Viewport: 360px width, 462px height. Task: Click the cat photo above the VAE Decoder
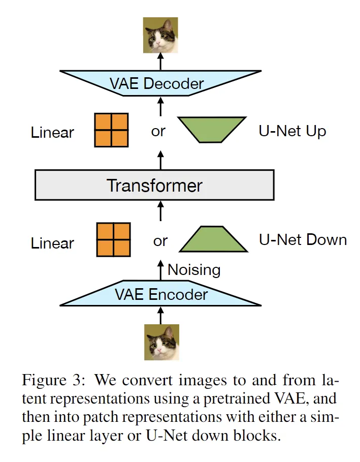click(160, 35)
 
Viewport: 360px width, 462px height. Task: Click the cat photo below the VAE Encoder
click(161, 342)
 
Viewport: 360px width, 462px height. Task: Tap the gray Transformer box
click(154, 185)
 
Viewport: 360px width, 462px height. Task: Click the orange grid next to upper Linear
click(111, 130)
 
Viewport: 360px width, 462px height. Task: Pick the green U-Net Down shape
click(214, 240)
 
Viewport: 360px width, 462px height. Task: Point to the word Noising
click(194, 269)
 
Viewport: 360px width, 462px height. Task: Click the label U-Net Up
click(292, 131)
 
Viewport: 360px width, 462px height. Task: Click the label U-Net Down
click(303, 240)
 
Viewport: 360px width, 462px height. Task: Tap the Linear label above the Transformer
click(52, 133)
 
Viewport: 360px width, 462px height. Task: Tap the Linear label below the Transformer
click(52, 243)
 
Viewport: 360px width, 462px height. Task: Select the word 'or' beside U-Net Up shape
click(158, 132)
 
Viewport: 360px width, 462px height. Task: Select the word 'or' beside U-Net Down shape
click(160, 241)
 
